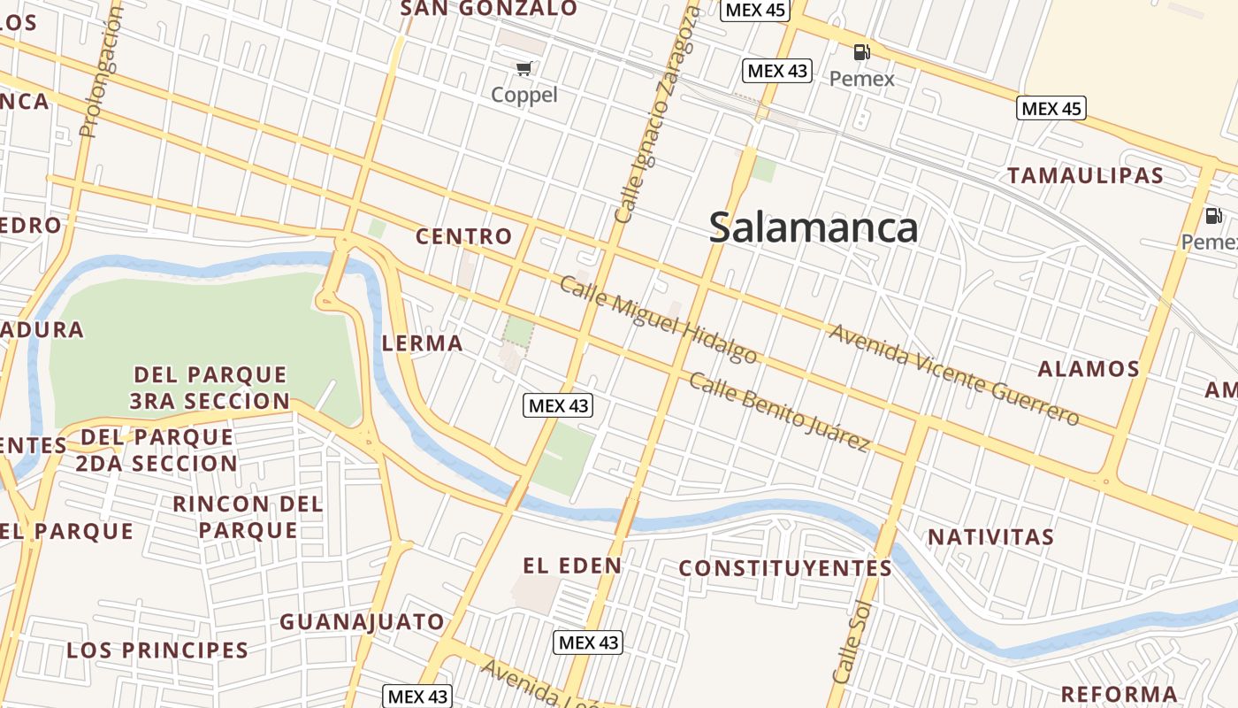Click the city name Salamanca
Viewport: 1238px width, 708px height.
(x=814, y=228)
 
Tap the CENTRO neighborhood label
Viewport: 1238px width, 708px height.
(x=463, y=236)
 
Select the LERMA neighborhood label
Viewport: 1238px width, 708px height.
(x=422, y=343)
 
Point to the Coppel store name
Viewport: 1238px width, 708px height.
(x=524, y=95)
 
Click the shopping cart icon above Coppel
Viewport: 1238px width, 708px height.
(x=524, y=68)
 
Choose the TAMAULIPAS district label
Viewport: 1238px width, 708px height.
(x=1085, y=175)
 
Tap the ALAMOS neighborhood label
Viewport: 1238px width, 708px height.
(x=1088, y=368)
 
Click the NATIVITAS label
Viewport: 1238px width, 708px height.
(x=990, y=537)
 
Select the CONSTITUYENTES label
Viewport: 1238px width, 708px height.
(x=785, y=568)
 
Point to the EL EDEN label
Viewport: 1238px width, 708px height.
(x=572, y=566)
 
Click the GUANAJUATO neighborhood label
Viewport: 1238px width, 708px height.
(x=363, y=622)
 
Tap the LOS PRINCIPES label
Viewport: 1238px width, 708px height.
(x=157, y=650)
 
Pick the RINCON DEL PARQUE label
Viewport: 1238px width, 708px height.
(x=248, y=517)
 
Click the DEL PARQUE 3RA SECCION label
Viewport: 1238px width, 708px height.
(x=210, y=388)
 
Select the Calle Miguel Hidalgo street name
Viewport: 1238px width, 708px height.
(x=659, y=319)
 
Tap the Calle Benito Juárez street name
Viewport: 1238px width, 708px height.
(x=779, y=412)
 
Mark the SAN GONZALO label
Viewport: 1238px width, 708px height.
(x=489, y=9)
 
